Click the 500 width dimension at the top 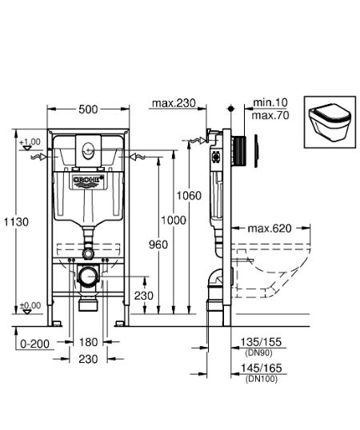(88, 110)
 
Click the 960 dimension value (158, 244)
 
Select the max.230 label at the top (174, 103)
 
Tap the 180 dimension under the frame (88, 342)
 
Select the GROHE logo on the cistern (89, 182)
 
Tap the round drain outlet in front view (88, 279)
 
